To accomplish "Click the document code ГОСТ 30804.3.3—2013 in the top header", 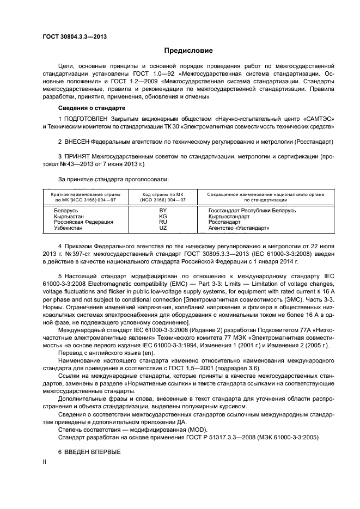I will pyautogui.click(x=74, y=37).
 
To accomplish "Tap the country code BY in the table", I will pyautogui.click(x=163, y=210).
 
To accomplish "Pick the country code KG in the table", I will pyautogui.click(x=163, y=216).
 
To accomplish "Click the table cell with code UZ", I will pyautogui.click(x=163, y=228).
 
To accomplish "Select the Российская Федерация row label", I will pyautogui.click(x=83, y=222).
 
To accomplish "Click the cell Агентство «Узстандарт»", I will pyautogui.click(x=239, y=228).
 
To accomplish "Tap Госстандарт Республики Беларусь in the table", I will pyautogui.click(x=252, y=210).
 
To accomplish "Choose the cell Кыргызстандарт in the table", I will pyautogui.click(x=231, y=216).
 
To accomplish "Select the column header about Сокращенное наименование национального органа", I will pyautogui.click(x=266, y=197).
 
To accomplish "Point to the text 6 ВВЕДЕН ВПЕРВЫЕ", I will pyautogui.click(x=89, y=452).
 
